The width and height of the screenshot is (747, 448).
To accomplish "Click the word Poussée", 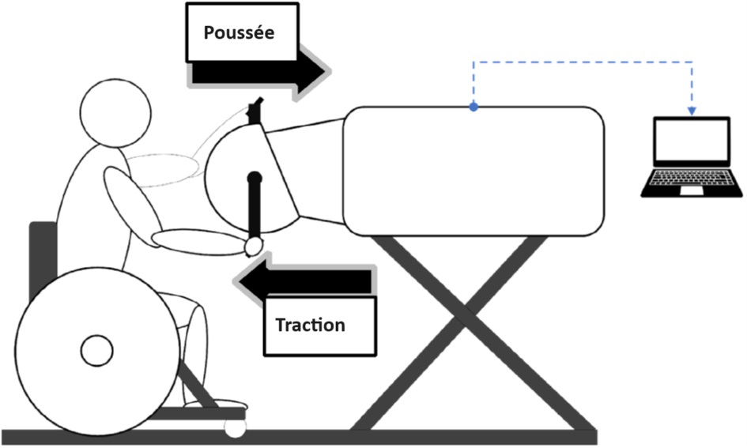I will [x=240, y=33].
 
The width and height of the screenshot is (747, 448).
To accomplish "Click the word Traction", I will [x=310, y=325].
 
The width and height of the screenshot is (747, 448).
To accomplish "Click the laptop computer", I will [x=691, y=158].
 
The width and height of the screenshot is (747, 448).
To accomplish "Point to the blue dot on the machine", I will [x=473, y=107].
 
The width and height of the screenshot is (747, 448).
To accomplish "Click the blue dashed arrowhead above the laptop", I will [x=692, y=110].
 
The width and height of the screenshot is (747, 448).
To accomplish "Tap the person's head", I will [x=116, y=111].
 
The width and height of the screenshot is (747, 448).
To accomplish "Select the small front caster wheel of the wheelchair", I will [x=235, y=428].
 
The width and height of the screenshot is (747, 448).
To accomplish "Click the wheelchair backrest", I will [x=42, y=261].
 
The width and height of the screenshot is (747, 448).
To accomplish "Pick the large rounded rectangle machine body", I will [x=474, y=170].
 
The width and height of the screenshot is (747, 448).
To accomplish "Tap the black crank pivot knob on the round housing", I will [x=255, y=179].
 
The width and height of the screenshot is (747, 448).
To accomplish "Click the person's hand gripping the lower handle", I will [x=253, y=247].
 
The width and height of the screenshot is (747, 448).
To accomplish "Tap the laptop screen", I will [x=691, y=143].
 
